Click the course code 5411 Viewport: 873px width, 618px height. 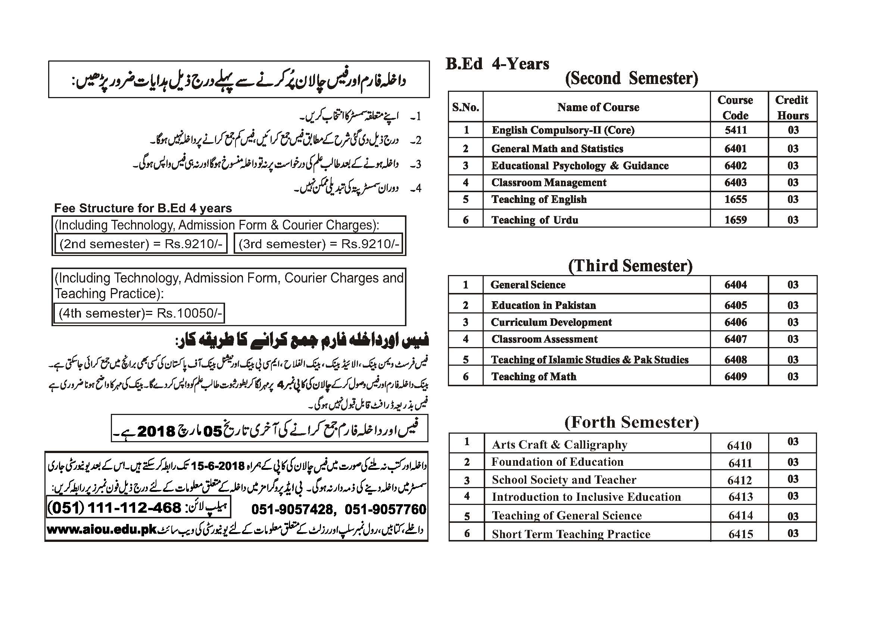(736, 130)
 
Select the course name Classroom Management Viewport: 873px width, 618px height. (549, 182)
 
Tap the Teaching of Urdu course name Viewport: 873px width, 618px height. (535, 220)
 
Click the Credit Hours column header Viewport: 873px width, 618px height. (792, 107)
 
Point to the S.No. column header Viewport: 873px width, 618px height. (465, 107)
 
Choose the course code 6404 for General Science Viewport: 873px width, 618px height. (736, 285)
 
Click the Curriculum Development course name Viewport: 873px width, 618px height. (551, 322)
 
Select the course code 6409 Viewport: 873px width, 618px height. (736, 377)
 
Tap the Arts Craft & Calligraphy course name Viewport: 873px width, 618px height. (559, 444)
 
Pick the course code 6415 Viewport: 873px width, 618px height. (741, 534)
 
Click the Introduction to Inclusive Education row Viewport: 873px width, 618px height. (586, 497)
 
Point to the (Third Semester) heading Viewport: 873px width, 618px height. (630, 266)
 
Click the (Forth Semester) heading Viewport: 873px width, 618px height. (632, 422)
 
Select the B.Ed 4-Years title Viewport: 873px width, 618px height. (498, 64)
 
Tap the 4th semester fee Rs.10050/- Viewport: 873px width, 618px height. (139, 313)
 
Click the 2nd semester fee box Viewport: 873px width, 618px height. (141, 244)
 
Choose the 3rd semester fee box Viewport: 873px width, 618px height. (319, 244)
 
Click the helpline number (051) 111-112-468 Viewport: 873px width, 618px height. (114, 508)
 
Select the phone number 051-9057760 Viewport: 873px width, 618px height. (386, 509)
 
